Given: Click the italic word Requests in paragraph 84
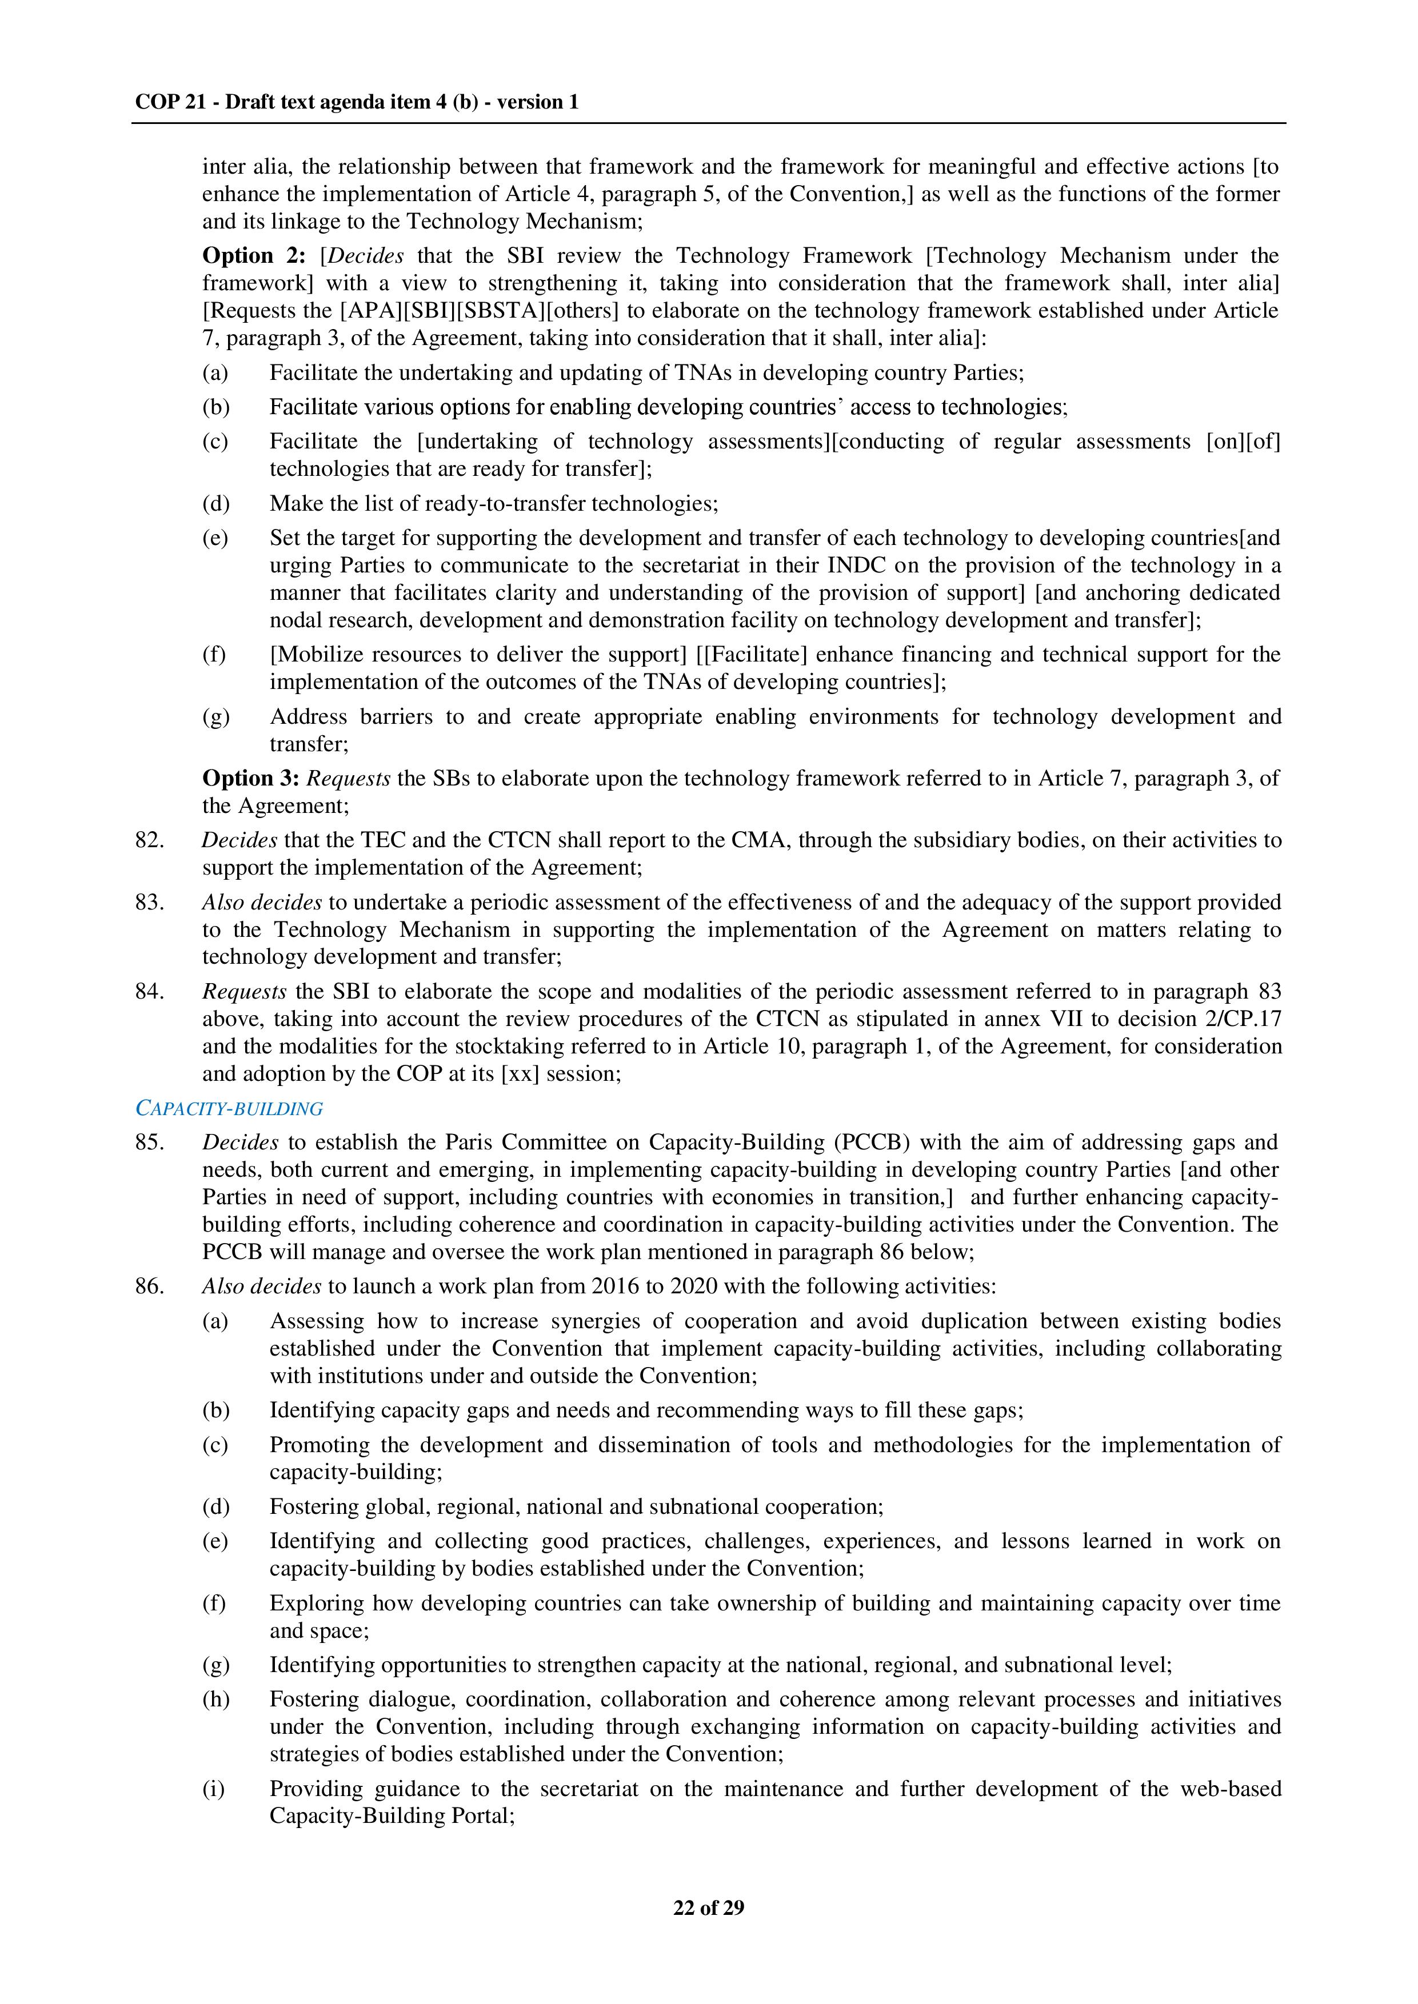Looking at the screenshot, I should (x=243, y=992).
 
